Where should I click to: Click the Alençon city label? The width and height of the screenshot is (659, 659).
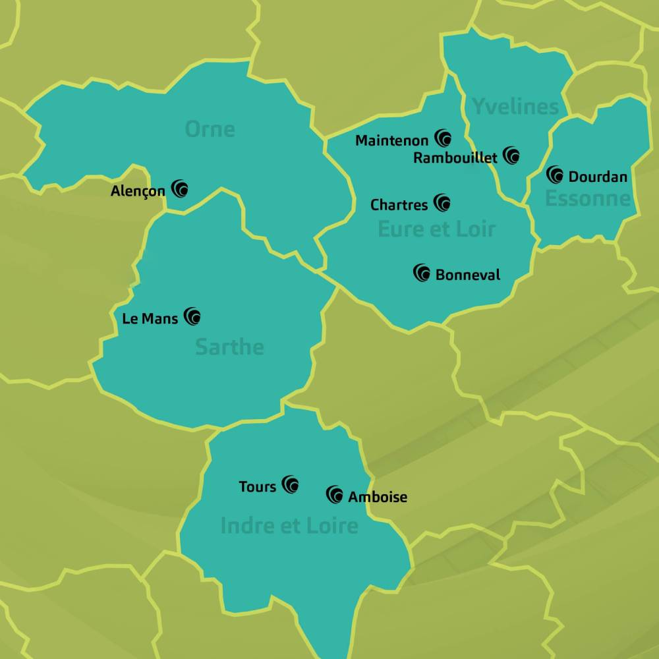pyautogui.click(x=138, y=192)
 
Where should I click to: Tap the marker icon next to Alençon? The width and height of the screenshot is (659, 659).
pyautogui.click(x=180, y=189)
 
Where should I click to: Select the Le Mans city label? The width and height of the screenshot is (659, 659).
pyautogui.click(x=150, y=318)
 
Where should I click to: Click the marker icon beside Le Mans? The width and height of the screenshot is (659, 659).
pyautogui.click(x=192, y=316)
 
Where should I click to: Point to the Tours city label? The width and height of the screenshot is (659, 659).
pyautogui.click(x=258, y=487)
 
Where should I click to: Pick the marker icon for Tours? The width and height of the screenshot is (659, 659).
pyautogui.click(x=290, y=485)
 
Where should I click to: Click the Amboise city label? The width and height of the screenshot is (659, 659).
pyautogui.click(x=378, y=497)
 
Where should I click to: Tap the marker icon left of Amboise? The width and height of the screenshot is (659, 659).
pyautogui.click(x=335, y=495)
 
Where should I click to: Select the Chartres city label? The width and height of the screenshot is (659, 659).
pyautogui.click(x=399, y=205)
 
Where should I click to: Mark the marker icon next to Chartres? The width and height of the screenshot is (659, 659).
pyautogui.click(x=442, y=203)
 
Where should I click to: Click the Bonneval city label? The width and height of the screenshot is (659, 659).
pyautogui.click(x=468, y=275)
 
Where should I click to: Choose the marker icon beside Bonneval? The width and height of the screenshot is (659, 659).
pyautogui.click(x=422, y=273)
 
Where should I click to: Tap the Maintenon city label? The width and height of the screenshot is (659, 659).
pyautogui.click(x=392, y=140)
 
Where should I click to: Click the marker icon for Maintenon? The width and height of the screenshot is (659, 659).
pyautogui.click(x=444, y=138)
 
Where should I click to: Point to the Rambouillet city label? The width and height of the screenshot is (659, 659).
pyautogui.click(x=455, y=158)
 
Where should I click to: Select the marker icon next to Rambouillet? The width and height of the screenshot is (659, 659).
pyautogui.click(x=511, y=156)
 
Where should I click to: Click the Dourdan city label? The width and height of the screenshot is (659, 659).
pyautogui.click(x=598, y=177)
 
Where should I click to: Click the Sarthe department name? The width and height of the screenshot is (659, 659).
pyautogui.click(x=229, y=347)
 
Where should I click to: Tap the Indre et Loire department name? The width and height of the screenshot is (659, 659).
pyautogui.click(x=289, y=526)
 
